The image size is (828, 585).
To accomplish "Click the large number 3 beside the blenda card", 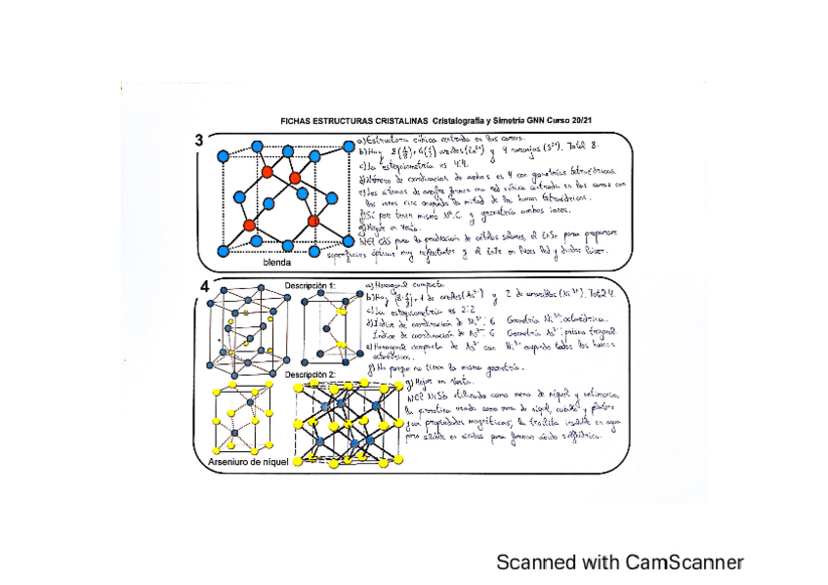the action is [x=199, y=140].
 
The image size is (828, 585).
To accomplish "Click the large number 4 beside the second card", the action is [x=204, y=286].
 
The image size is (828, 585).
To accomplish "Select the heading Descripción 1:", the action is [x=310, y=285].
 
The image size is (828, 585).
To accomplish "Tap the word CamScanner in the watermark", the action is [x=684, y=562].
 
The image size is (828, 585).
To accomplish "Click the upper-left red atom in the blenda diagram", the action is [x=266, y=174].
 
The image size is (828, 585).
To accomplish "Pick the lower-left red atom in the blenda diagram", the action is [x=249, y=225].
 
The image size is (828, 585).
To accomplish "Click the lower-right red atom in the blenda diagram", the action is [x=313, y=222].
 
